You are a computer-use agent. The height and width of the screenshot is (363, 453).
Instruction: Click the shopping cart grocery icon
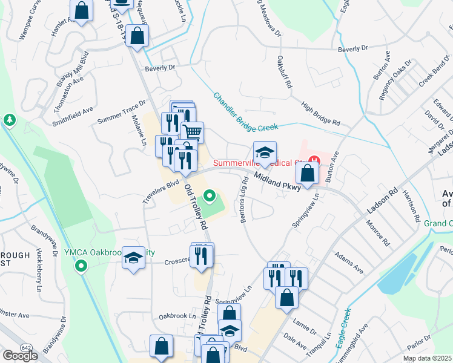(193, 132)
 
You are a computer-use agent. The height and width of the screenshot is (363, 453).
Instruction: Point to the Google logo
(20, 356)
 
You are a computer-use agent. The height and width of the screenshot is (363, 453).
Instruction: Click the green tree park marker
(10, 120)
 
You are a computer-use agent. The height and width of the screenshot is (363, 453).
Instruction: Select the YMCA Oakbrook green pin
(79, 265)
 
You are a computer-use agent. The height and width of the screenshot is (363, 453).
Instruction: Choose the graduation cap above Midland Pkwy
(265, 152)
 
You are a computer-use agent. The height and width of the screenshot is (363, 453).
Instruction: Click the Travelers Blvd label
(162, 185)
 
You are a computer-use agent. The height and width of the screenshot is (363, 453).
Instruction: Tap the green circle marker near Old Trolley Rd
(210, 196)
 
